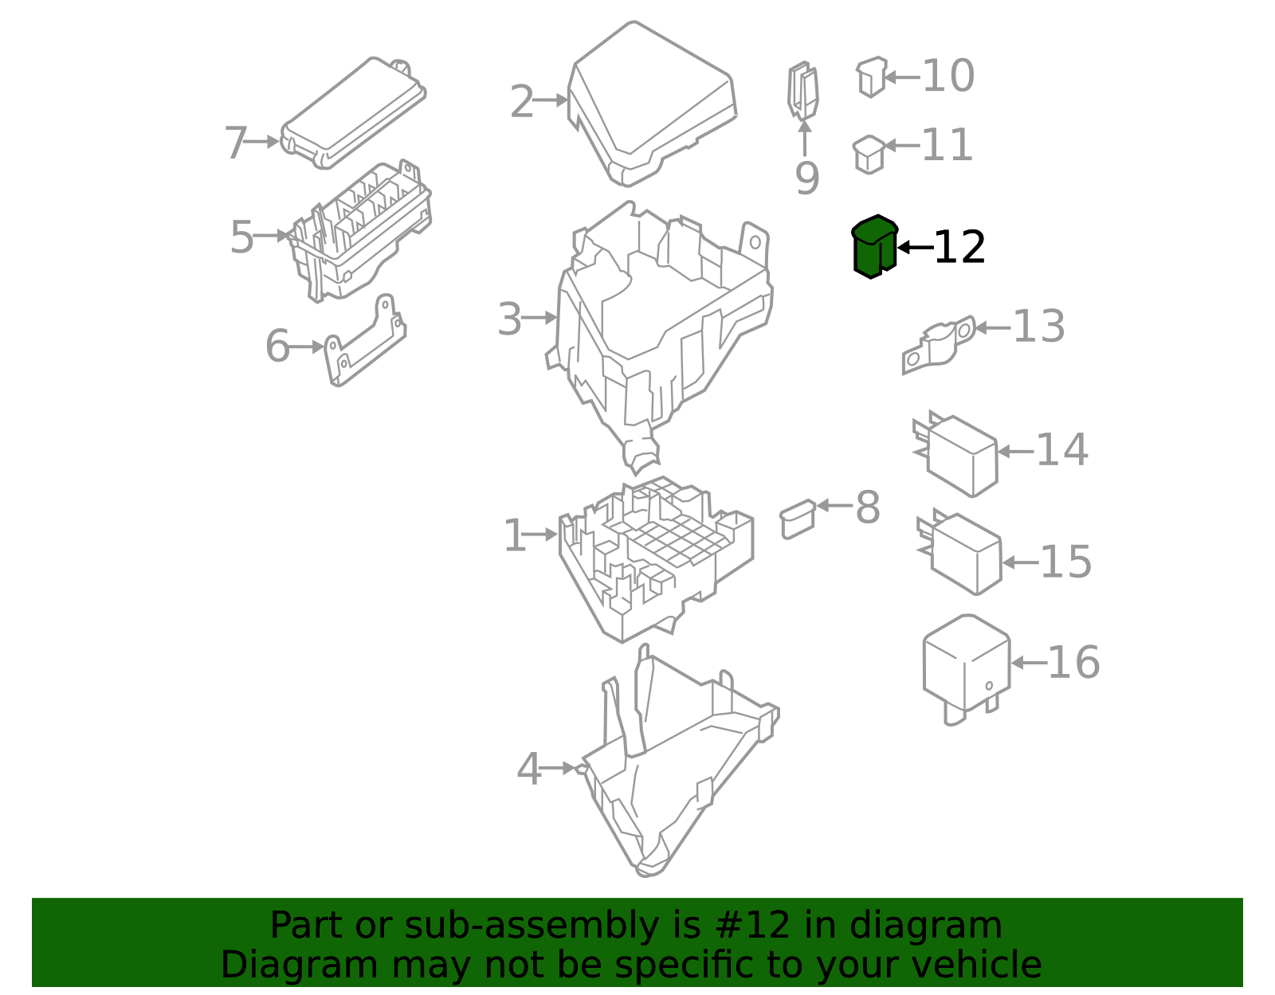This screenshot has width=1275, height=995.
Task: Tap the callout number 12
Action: (959, 248)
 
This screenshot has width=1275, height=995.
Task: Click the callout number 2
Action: (521, 102)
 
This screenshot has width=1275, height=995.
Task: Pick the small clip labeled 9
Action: (803, 91)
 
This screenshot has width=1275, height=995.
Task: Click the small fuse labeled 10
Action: (871, 76)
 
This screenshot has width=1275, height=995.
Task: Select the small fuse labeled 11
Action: (869, 154)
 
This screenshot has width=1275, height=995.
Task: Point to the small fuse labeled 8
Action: (798, 518)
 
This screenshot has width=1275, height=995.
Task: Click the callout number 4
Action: (528, 770)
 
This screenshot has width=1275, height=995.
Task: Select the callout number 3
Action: (509, 319)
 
